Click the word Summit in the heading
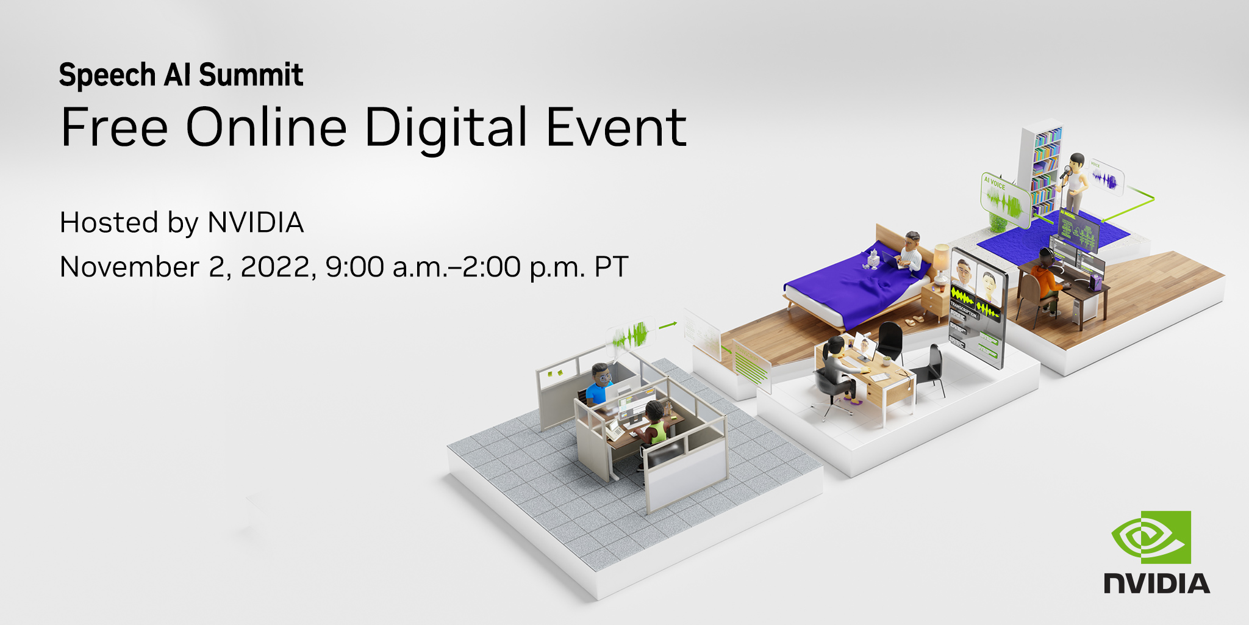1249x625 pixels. pos(251,76)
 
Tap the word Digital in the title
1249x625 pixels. pos(445,128)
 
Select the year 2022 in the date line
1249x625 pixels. pos(278,267)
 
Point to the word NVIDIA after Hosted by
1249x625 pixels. pos(256,223)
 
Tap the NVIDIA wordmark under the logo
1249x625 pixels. pos(1156,583)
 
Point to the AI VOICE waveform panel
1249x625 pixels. pos(1003,199)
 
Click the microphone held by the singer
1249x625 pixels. pos(1065,173)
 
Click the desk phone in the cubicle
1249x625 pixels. pos(615,432)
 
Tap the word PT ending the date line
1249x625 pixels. pos(611,267)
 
